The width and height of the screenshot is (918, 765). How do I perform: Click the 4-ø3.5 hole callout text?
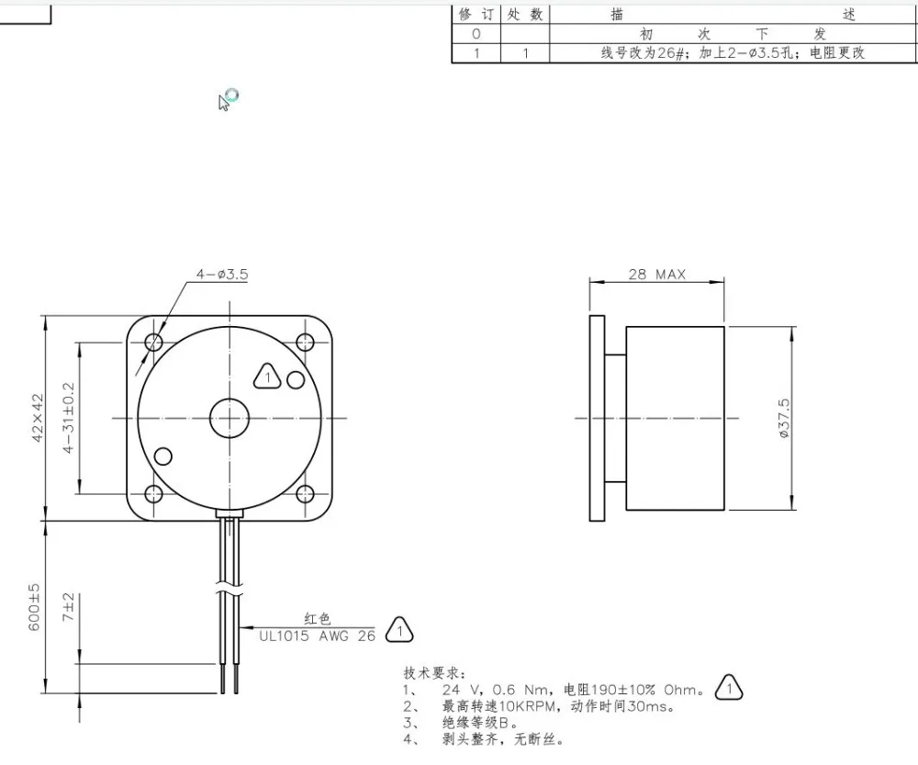click(x=222, y=275)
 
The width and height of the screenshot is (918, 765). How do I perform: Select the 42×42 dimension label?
click(x=38, y=418)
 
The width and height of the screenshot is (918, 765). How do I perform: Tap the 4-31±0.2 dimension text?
click(x=69, y=418)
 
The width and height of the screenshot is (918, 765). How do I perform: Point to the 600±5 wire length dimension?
click(x=35, y=607)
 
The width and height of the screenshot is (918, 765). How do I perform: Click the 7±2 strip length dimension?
click(x=69, y=607)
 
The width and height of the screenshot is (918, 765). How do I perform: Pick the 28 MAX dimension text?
click(x=657, y=275)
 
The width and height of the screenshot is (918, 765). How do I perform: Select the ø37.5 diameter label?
click(x=784, y=418)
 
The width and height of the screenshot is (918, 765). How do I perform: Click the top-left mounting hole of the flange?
click(x=154, y=342)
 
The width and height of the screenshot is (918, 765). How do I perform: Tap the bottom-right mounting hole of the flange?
click(x=305, y=494)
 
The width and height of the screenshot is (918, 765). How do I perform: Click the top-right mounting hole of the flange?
click(x=305, y=342)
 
